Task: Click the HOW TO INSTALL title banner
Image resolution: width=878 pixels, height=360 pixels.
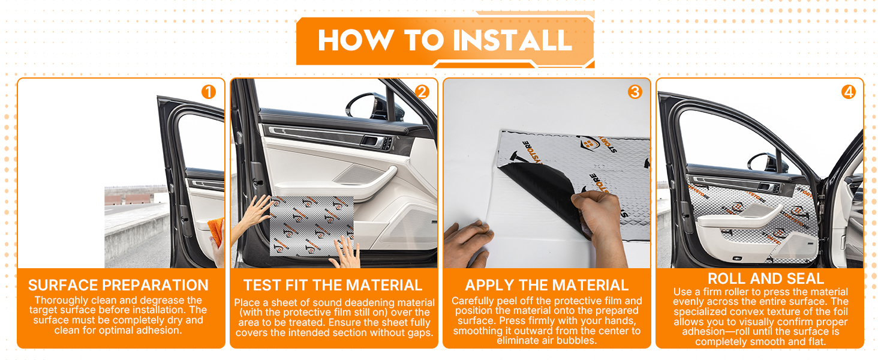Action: (445, 40)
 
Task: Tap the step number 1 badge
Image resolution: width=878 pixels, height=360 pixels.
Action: (209, 92)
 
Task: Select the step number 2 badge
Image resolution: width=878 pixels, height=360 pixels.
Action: (422, 92)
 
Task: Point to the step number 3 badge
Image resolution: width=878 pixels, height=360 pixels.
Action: (635, 92)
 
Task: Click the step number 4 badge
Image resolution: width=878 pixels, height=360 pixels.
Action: (848, 92)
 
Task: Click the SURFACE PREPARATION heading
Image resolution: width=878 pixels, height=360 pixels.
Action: (118, 285)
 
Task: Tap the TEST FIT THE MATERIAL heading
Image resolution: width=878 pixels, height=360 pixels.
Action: (333, 285)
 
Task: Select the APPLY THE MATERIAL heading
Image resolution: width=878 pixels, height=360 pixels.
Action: (547, 285)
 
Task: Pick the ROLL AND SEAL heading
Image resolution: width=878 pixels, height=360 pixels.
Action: (765, 278)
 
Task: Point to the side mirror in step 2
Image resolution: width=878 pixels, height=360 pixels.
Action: (365, 106)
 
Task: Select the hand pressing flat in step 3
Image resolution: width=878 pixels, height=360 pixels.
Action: (468, 244)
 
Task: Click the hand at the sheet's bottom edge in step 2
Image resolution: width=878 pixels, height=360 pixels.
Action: (345, 253)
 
